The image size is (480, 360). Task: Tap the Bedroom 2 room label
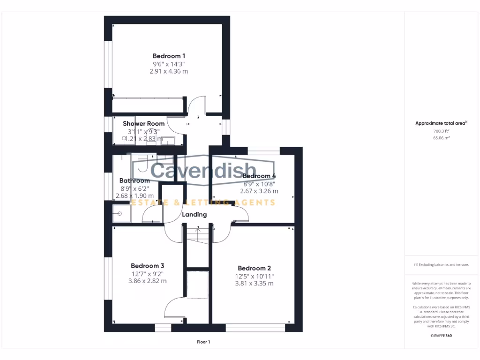click(x=254, y=269)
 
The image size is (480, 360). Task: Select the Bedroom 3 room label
click(x=147, y=266)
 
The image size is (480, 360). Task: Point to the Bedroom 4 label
click(x=259, y=176)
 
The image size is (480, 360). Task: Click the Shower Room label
click(x=143, y=124)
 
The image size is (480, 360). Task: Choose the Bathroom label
click(x=135, y=180)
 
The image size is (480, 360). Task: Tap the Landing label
click(x=195, y=215)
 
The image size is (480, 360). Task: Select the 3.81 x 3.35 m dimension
click(x=254, y=284)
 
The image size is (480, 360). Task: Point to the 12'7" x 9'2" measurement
click(x=147, y=274)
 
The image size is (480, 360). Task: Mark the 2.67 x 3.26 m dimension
click(x=259, y=191)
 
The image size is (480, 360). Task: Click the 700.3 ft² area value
click(x=441, y=131)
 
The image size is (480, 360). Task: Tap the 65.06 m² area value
click(x=441, y=138)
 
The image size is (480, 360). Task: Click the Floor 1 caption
click(x=203, y=342)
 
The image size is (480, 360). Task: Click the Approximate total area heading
click(x=441, y=123)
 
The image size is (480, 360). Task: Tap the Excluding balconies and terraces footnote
click(x=441, y=265)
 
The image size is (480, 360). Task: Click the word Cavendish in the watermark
click(x=203, y=170)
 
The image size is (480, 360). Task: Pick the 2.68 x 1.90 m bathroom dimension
click(x=135, y=196)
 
